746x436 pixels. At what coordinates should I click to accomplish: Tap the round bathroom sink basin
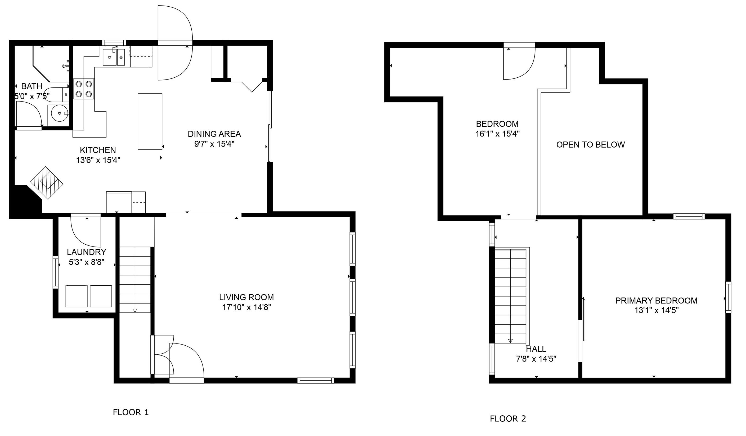click(60, 113)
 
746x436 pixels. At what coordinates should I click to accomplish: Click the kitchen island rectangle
click(150, 121)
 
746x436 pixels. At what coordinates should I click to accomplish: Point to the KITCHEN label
click(98, 150)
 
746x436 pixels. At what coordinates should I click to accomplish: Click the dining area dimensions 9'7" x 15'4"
click(214, 144)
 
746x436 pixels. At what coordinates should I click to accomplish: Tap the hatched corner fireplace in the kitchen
click(47, 183)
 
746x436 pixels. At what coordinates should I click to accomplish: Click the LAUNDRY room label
click(87, 252)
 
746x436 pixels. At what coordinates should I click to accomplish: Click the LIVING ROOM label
click(247, 297)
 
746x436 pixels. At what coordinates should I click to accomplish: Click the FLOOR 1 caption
click(131, 412)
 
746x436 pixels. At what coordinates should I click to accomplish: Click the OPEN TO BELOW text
click(591, 145)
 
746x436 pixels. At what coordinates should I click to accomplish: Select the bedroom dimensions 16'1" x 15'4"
click(497, 134)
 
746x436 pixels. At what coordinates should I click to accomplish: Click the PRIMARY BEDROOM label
click(656, 301)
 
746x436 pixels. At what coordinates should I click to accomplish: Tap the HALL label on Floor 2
click(536, 349)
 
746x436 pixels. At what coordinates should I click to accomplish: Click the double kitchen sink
click(114, 57)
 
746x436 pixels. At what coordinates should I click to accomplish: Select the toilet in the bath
click(58, 94)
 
